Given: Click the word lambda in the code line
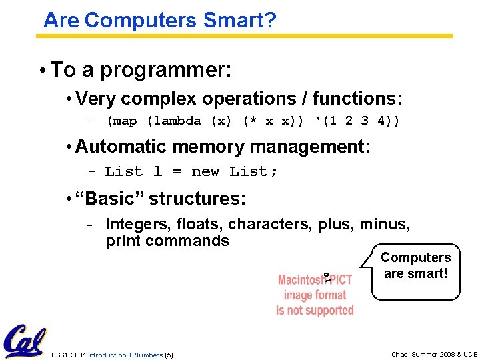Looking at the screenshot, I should [x=177, y=121].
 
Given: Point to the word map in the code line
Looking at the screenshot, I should [x=125, y=121].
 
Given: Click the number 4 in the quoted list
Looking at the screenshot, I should [x=381, y=121].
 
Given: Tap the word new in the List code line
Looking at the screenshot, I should [x=205, y=171].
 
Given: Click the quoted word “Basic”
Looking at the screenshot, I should [x=110, y=199].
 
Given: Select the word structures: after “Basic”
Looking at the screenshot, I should [x=197, y=199].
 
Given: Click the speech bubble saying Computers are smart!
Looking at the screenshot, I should [x=415, y=266].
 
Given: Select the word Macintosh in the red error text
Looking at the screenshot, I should [x=300, y=280].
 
